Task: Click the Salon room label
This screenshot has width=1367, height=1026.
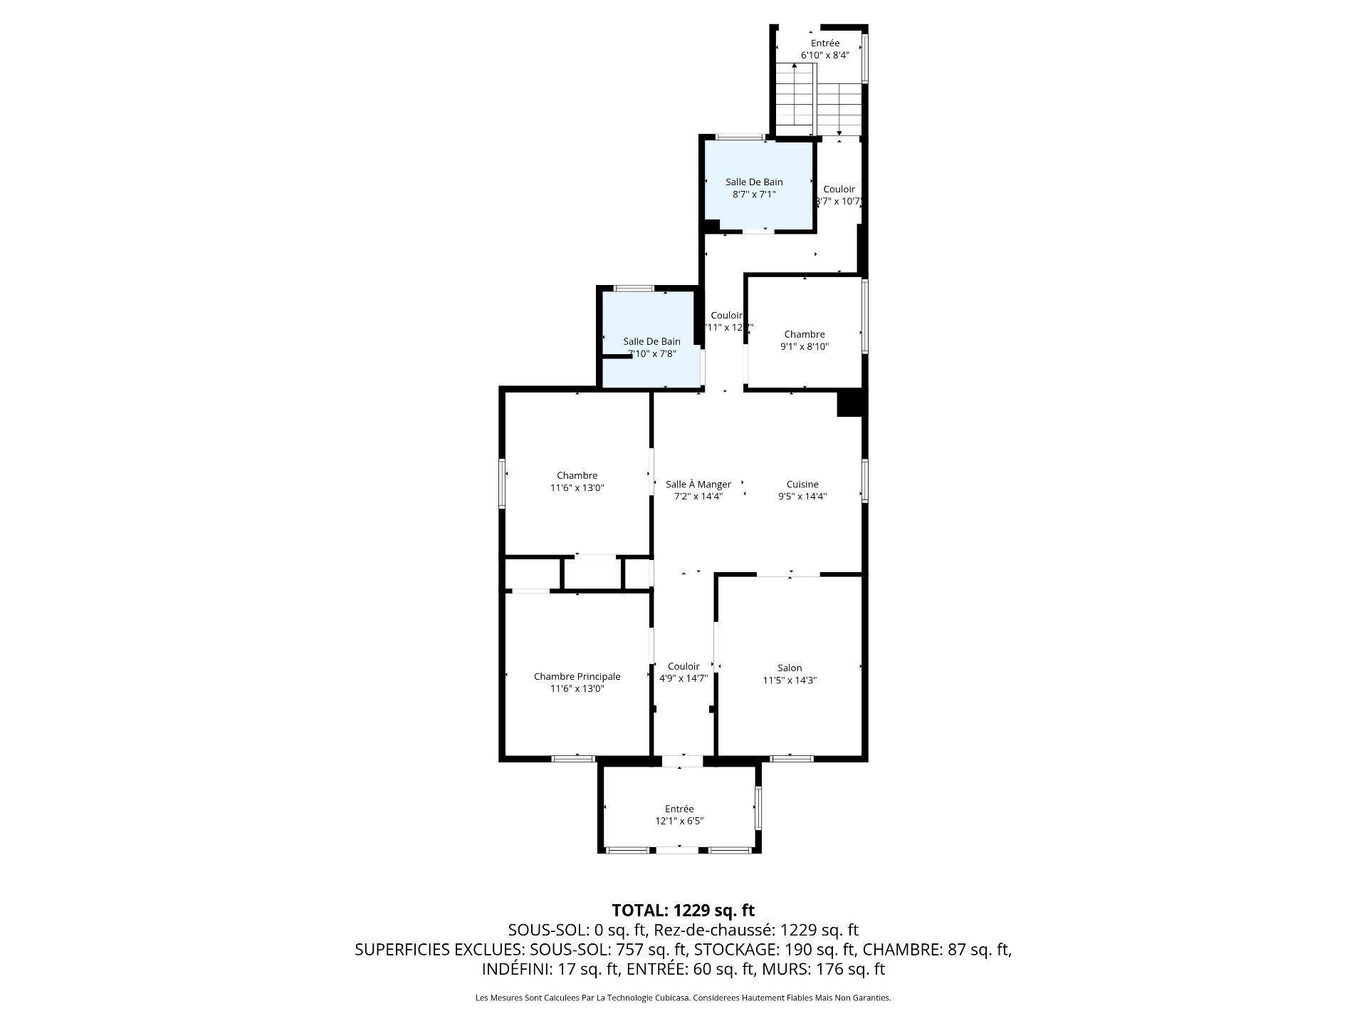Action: click(x=789, y=668)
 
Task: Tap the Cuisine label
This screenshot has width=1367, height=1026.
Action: click(x=802, y=484)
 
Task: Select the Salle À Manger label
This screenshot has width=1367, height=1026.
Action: click(x=698, y=484)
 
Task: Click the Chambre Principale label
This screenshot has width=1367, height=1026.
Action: click(x=577, y=676)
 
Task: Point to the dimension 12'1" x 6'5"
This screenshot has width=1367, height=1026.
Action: click(x=679, y=821)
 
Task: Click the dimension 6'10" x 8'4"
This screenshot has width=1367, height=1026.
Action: click(x=824, y=55)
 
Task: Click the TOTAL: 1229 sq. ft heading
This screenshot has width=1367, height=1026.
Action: click(x=683, y=910)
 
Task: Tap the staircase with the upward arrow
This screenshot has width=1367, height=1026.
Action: click(x=794, y=96)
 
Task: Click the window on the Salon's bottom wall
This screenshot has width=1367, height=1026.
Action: click(x=792, y=758)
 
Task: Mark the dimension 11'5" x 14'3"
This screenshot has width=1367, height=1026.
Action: click(x=789, y=680)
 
